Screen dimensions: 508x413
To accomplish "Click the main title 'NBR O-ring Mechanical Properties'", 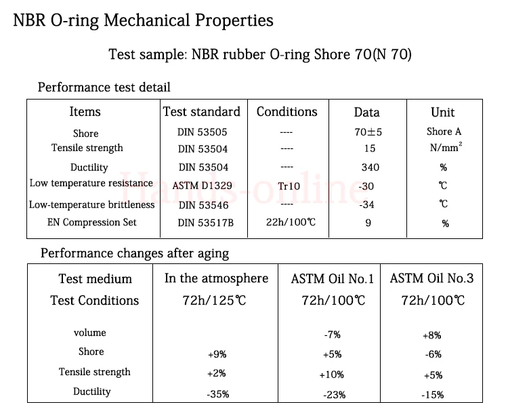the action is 143,20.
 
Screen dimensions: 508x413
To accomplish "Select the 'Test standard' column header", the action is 202,112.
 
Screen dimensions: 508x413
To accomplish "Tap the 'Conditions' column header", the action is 287,112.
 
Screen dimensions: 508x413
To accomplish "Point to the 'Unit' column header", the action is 442,112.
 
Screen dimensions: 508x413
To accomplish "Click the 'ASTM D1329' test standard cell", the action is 202,186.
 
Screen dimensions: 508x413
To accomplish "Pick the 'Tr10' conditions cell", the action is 289,186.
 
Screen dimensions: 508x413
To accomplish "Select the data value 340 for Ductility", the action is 371,167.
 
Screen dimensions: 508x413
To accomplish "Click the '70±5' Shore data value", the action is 368,132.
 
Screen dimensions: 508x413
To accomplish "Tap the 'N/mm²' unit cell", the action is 446,147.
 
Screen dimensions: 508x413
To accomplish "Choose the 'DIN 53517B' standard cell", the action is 205,223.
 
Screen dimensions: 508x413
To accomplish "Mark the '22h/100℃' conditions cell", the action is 291,222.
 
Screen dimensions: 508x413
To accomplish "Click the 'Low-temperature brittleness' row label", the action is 91,204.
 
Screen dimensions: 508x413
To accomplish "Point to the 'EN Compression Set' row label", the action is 91,222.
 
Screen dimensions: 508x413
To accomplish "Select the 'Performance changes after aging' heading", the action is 135,253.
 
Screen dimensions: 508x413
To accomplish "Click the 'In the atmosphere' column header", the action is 217,278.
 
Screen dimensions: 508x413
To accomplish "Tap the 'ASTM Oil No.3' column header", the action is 431,278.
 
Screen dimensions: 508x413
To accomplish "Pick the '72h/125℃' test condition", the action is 214,301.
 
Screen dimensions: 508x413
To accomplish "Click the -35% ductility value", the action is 217,394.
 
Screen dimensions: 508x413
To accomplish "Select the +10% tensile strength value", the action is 331,375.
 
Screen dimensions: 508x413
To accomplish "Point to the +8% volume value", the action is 432,336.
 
